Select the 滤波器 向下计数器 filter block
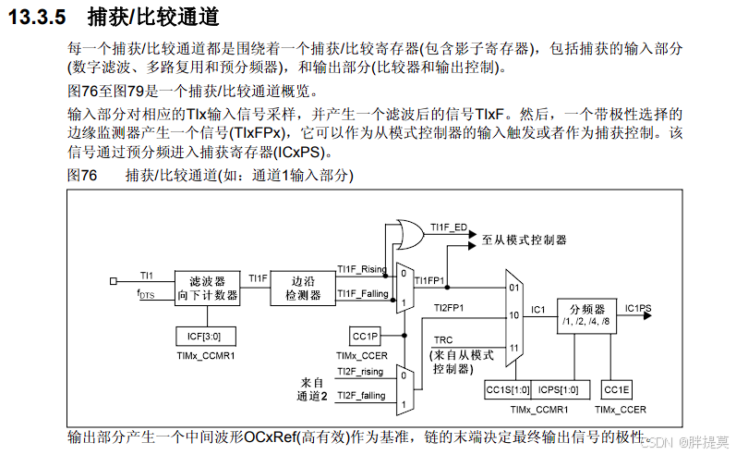[x=208, y=288]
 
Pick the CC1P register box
[x=367, y=337]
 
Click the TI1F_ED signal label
[x=448, y=226]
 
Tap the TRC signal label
[x=443, y=341]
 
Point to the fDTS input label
[x=147, y=294]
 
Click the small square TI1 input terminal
[x=113, y=279]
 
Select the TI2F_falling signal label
[x=360, y=396]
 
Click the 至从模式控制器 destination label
[x=525, y=240]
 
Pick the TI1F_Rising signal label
[x=361, y=269]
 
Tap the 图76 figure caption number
[x=82, y=175]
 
